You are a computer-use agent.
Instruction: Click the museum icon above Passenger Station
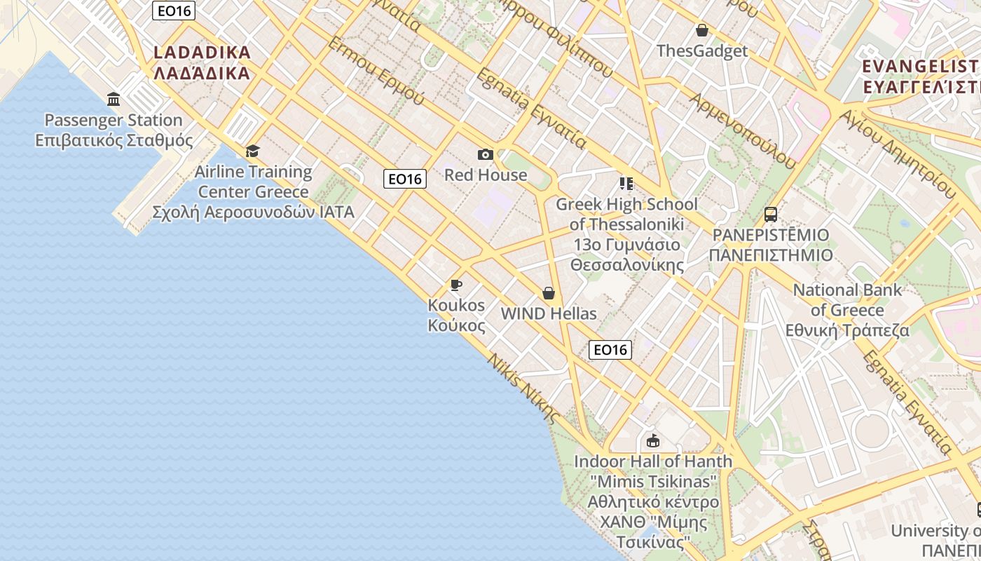pyautogui.click(x=114, y=99)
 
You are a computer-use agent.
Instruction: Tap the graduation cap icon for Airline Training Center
pyautogui.click(x=252, y=151)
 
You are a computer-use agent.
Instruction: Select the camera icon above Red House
pyautogui.click(x=485, y=154)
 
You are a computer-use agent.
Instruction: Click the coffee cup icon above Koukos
pyautogui.click(x=456, y=285)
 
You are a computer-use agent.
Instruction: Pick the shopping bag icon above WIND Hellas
pyautogui.click(x=549, y=293)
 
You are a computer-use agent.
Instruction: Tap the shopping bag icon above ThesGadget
pyautogui.click(x=701, y=30)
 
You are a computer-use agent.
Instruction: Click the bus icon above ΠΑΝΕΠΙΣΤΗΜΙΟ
pyautogui.click(x=770, y=215)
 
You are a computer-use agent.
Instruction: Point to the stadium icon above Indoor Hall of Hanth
pyautogui.click(x=653, y=440)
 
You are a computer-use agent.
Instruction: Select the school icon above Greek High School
pyautogui.click(x=626, y=184)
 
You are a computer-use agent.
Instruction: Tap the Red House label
pyautogui.click(x=486, y=175)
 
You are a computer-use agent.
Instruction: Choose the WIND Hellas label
pyautogui.click(x=549, y=313)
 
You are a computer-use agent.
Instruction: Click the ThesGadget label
pyautogui.click(x=702, y=50)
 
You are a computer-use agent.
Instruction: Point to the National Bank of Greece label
pyautogui.click(x=847, y=310)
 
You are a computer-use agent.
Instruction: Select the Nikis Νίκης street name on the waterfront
pyautogui.click(x=524, y=388)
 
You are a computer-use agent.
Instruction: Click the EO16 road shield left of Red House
pyautogui.click(x=405, y=179)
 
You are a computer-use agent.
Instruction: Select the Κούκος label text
pyautogui.click(x=456, y=325)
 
